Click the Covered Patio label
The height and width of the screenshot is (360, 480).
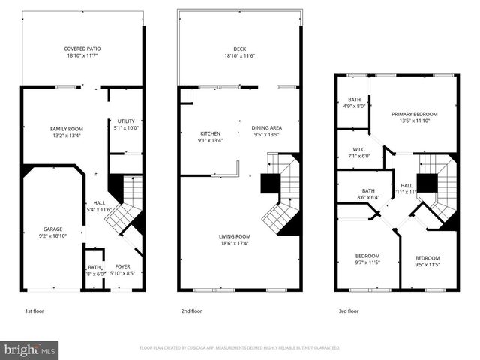(x=82, y=49)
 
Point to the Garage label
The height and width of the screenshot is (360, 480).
(x=52, y=229)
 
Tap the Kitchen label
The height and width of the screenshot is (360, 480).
(x=190, y=133)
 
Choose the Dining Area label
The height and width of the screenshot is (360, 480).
(x=267, y=128)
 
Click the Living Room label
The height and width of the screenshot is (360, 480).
(x=236, y=236)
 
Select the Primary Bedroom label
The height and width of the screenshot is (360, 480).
(x=414, y=114)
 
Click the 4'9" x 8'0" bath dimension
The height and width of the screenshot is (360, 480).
(x=353, y=106)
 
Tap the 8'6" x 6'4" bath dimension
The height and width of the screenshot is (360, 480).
(x=368, y=197)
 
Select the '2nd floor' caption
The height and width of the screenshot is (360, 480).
(x=191, y=310)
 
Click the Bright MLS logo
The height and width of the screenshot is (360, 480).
(x=30, y=349)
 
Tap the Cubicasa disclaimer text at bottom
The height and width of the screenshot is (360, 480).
(x=240, y=348)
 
